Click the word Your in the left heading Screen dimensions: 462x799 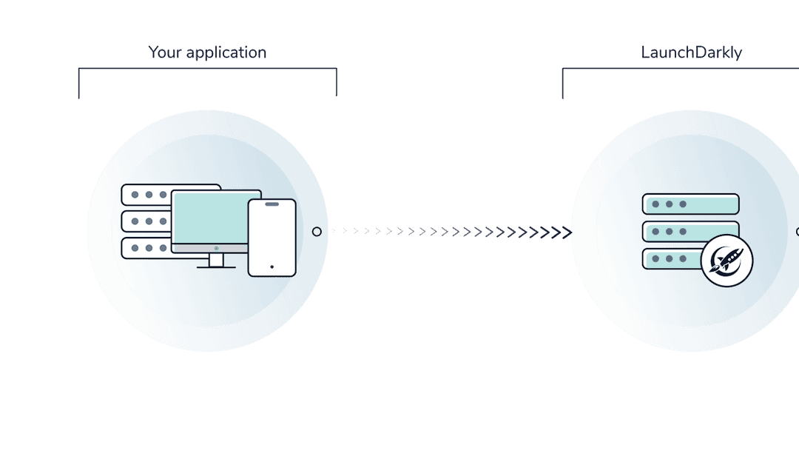pos(163,53)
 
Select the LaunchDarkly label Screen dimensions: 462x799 pos(691,53)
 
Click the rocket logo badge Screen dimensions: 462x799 pos(726,261)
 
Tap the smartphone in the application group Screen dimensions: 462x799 pos(272,238)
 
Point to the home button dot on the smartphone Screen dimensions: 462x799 pos(272,267)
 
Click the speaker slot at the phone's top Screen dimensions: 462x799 pos(272,204)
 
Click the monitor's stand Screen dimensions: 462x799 pos(216,261)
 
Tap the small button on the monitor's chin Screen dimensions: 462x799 pos(216,247)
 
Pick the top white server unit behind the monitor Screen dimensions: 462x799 pos(148,194)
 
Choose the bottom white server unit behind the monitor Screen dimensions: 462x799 pos(145,248)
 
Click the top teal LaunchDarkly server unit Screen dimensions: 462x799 pos(690,204)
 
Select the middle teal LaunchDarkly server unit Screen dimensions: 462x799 pos(690,231)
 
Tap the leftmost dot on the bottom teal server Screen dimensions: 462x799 pos(655,259)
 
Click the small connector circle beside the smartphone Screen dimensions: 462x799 pos(317,232)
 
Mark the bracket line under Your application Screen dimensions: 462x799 pos(207,69)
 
